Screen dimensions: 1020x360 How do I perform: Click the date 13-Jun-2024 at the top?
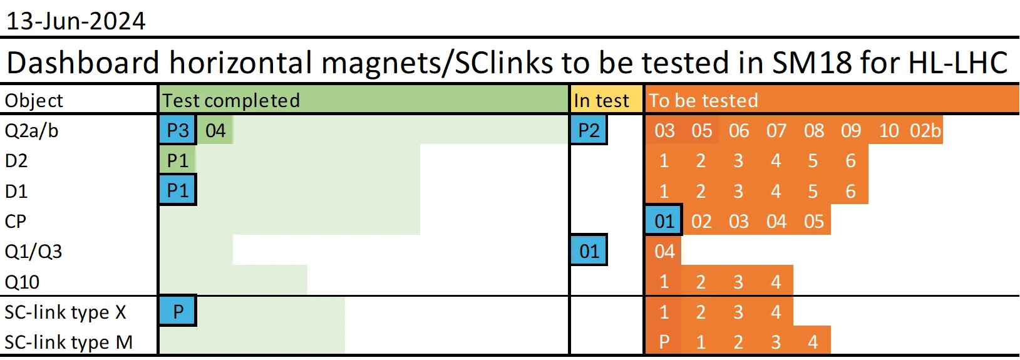coord(76,21)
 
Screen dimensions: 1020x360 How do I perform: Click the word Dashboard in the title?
coord(83,63)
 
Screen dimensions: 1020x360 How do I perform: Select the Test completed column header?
coord(231,101)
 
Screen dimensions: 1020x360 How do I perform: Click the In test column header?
coord(602,101)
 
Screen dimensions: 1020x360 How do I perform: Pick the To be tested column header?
coord(703,101)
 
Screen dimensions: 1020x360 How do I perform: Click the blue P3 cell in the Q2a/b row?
coord(178,130)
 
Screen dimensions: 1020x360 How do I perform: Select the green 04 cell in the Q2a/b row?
coord(215,131)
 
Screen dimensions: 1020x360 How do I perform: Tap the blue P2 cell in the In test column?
coord(589,130)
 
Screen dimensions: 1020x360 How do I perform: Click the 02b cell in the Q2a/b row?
coord(925,131)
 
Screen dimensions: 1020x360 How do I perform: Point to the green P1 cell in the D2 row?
coord(178,161)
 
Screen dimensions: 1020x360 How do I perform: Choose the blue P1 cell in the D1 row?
coord(178,190)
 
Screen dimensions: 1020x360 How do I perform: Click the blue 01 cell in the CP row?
coord(664,221)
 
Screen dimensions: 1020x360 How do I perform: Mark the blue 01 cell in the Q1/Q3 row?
coord(589,251)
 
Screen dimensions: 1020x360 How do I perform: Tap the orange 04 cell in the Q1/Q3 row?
coord(664,251)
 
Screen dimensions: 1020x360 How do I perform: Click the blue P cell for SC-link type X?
coord(178,311)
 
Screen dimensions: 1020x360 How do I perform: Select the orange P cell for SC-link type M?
coord(664,341)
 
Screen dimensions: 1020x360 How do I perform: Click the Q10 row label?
coord(22,282)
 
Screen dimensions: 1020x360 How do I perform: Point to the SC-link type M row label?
coord(69,342)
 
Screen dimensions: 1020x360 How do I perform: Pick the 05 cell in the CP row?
coord(813,221)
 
